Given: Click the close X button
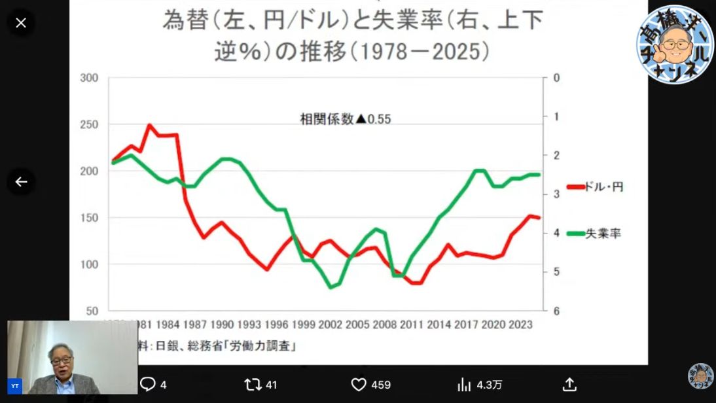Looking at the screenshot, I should click(x=21, y=23).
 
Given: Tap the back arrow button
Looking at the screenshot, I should click(x=21, y=182).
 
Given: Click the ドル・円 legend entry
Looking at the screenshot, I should click(x=595, y=187).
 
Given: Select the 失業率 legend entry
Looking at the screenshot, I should click(x=594, y=233).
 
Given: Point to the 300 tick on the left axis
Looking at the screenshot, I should click(x=89, y=78).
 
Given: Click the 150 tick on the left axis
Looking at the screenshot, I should click(x=89, y=218).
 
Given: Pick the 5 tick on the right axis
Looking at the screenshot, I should click(x=556, y=272).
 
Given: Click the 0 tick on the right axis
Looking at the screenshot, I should click(x=556, y=78).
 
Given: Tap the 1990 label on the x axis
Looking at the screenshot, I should click(x=223, y=324).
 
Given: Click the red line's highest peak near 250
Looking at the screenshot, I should click(x=149, y=125).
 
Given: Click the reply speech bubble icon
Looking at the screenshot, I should click(x=148, y=385).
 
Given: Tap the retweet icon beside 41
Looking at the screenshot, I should click(x=253, y=385).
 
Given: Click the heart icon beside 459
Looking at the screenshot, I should click(x=359, y=385).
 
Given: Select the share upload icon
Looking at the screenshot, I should click(x=569, y=385).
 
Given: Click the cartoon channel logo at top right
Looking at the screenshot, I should click(x=674, y=44).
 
